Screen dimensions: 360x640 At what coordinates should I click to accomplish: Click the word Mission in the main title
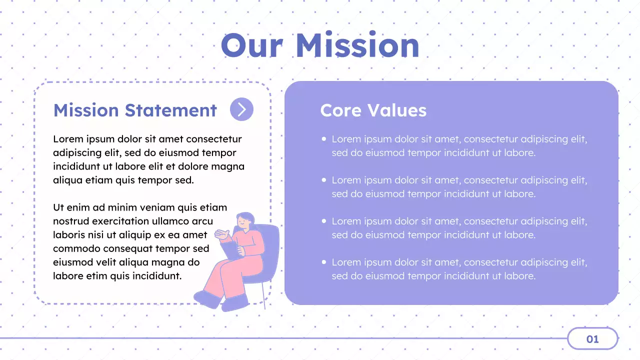357,45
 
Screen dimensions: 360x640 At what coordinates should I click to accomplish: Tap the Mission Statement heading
135,110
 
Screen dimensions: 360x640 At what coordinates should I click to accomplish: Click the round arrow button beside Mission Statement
241,109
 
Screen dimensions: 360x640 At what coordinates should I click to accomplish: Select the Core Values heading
373,110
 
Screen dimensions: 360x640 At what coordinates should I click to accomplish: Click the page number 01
592,339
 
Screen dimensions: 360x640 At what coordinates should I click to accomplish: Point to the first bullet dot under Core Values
324,139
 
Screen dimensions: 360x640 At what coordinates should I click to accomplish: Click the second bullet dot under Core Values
324,180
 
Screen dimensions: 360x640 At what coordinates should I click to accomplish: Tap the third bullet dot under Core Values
324,221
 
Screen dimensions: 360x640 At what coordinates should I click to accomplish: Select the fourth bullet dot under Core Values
324,262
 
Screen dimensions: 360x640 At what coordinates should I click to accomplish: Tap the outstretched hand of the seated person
221,233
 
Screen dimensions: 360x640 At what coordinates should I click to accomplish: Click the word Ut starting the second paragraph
58,207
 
